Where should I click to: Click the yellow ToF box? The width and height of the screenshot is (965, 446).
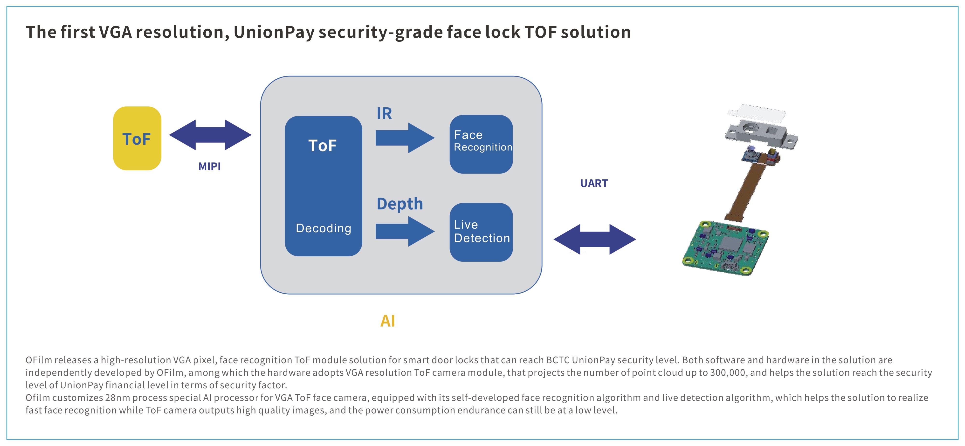pyautogui.click(x=137, y=138)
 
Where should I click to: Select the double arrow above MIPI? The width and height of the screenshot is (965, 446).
pyautogui.click(x=210, y=135)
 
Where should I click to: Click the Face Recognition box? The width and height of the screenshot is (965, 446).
pyautogui.click(x=481, y=144)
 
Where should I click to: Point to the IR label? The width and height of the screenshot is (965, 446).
pyautogui.click(x=384, y=113)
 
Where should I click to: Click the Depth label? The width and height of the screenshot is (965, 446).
pyautogui.click(x=400, y=204)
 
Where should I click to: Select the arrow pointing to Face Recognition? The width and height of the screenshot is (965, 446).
pyautogui.click(x=405, y=138)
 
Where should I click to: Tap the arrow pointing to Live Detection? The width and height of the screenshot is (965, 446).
pyautogui.click(x=405, y=231)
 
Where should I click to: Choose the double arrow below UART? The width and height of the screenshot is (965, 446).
pyautogui.click(x=594, y=239)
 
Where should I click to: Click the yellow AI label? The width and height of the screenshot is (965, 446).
pyautogui.click(x=388, y=321)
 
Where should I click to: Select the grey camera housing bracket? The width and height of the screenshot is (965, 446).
pyautogui.click(x=760, y=135)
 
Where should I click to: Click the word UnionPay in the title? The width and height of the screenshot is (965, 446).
pyautogui.click(x=274, y=32)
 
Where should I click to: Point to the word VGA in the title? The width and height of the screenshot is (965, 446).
pyautogui.click(x=115, y=32)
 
